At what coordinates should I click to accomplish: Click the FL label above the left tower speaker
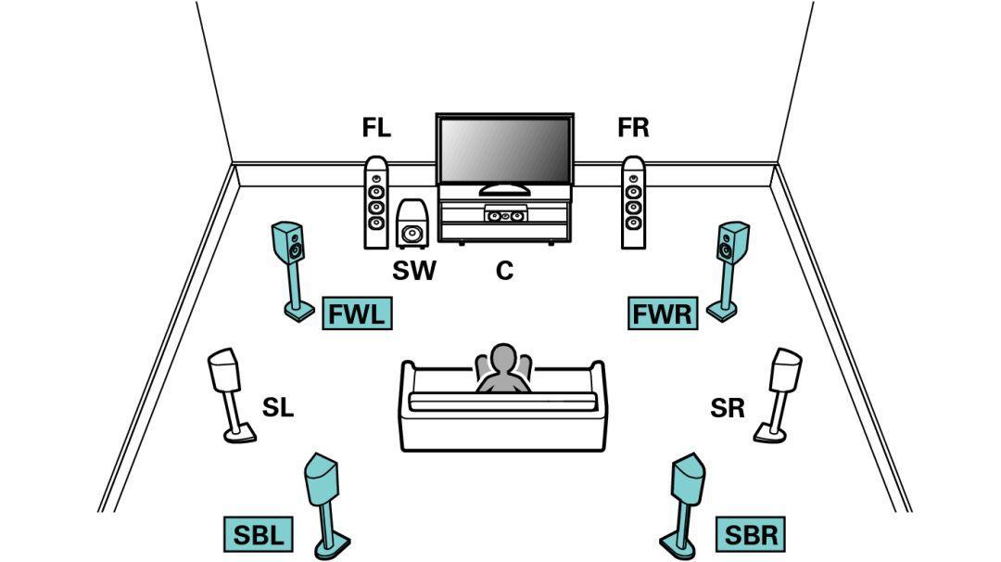pos(376,128)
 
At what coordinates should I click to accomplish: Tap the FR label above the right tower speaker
pos(633,128)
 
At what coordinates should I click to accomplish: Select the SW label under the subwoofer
pos(413,271)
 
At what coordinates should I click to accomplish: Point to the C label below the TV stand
pos(504,271)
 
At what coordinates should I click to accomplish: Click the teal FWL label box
pos(356,314)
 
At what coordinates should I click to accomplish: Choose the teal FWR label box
pos(662,314)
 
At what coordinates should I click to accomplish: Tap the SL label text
pos(277,407)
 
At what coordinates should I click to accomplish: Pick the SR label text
pos(728,407)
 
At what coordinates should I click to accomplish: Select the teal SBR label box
pos(751,534)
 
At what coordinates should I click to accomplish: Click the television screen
pos(504,152)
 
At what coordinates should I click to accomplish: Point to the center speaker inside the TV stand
pos(505,216)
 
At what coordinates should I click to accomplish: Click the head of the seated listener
pos(503,359)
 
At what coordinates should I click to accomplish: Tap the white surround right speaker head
pos(786,369)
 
